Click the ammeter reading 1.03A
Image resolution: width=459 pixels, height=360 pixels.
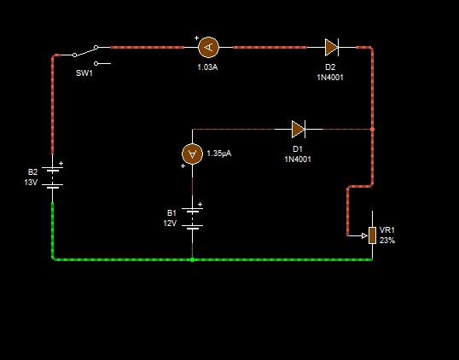[x=208, y=47]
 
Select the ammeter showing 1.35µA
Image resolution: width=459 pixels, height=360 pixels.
[x=192, y=154]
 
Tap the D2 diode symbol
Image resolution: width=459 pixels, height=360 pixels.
[x=332, y=47]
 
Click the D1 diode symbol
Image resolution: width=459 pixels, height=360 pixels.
[x=299, y=129]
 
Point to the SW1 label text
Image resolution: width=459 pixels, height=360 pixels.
[x=84, y=73]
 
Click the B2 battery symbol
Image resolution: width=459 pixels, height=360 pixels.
[x=52, y=177]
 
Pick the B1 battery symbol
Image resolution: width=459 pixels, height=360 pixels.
[x=192, y=218]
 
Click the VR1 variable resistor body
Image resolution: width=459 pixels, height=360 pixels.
[x=372, y=235]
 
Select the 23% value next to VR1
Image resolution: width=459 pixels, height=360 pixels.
[x=387, y=241]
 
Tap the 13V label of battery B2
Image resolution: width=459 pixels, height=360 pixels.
[x=31, y=183]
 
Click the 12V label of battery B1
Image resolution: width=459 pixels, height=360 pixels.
[x=170, y=224]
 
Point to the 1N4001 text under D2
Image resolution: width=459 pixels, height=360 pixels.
[x=330, y=78]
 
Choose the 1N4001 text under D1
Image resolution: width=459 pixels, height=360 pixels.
[x=298, y=160]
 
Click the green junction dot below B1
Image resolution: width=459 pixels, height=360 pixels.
[x=192, y=259]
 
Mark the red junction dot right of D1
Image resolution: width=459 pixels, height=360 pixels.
[x=372, y=129]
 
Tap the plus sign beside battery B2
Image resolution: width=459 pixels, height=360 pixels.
[x=61, y=163]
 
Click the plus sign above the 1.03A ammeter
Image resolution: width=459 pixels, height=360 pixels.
[x=196, y=38]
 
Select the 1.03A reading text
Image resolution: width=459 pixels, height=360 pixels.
[x=207, y=67]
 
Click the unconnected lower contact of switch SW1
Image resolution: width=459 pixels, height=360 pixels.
[x=96, y=63]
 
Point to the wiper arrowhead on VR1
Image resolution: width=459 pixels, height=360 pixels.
[x=365, y=235]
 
